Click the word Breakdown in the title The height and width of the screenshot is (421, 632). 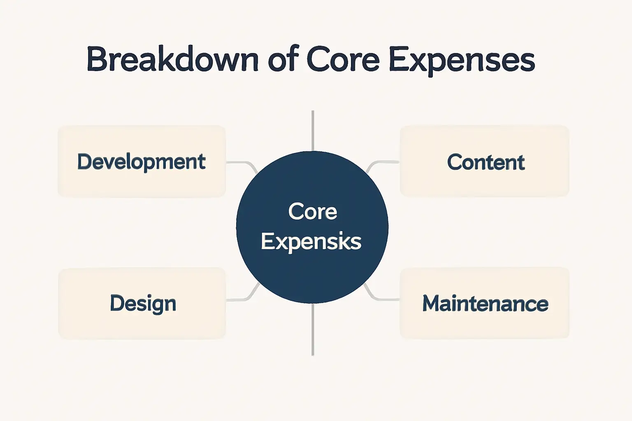coord(172,60)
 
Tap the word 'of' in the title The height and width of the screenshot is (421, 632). coord(283,60)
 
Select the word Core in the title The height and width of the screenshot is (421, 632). coord(343,60)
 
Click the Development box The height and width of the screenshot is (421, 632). coord(142,161)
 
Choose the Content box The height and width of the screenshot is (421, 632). coord(485,161)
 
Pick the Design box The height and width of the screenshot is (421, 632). coord(142,303)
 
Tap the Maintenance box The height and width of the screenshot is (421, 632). coord(485,303)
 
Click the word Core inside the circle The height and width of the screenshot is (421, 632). coord(313,212)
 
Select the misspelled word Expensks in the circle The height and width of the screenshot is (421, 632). coord(311,241)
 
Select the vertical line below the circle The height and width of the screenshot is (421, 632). coord(313,329)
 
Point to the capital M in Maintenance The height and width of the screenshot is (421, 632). coord(432,303)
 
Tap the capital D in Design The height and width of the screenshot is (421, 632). coord(117,303)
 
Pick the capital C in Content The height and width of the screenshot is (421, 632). coord(455,162)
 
